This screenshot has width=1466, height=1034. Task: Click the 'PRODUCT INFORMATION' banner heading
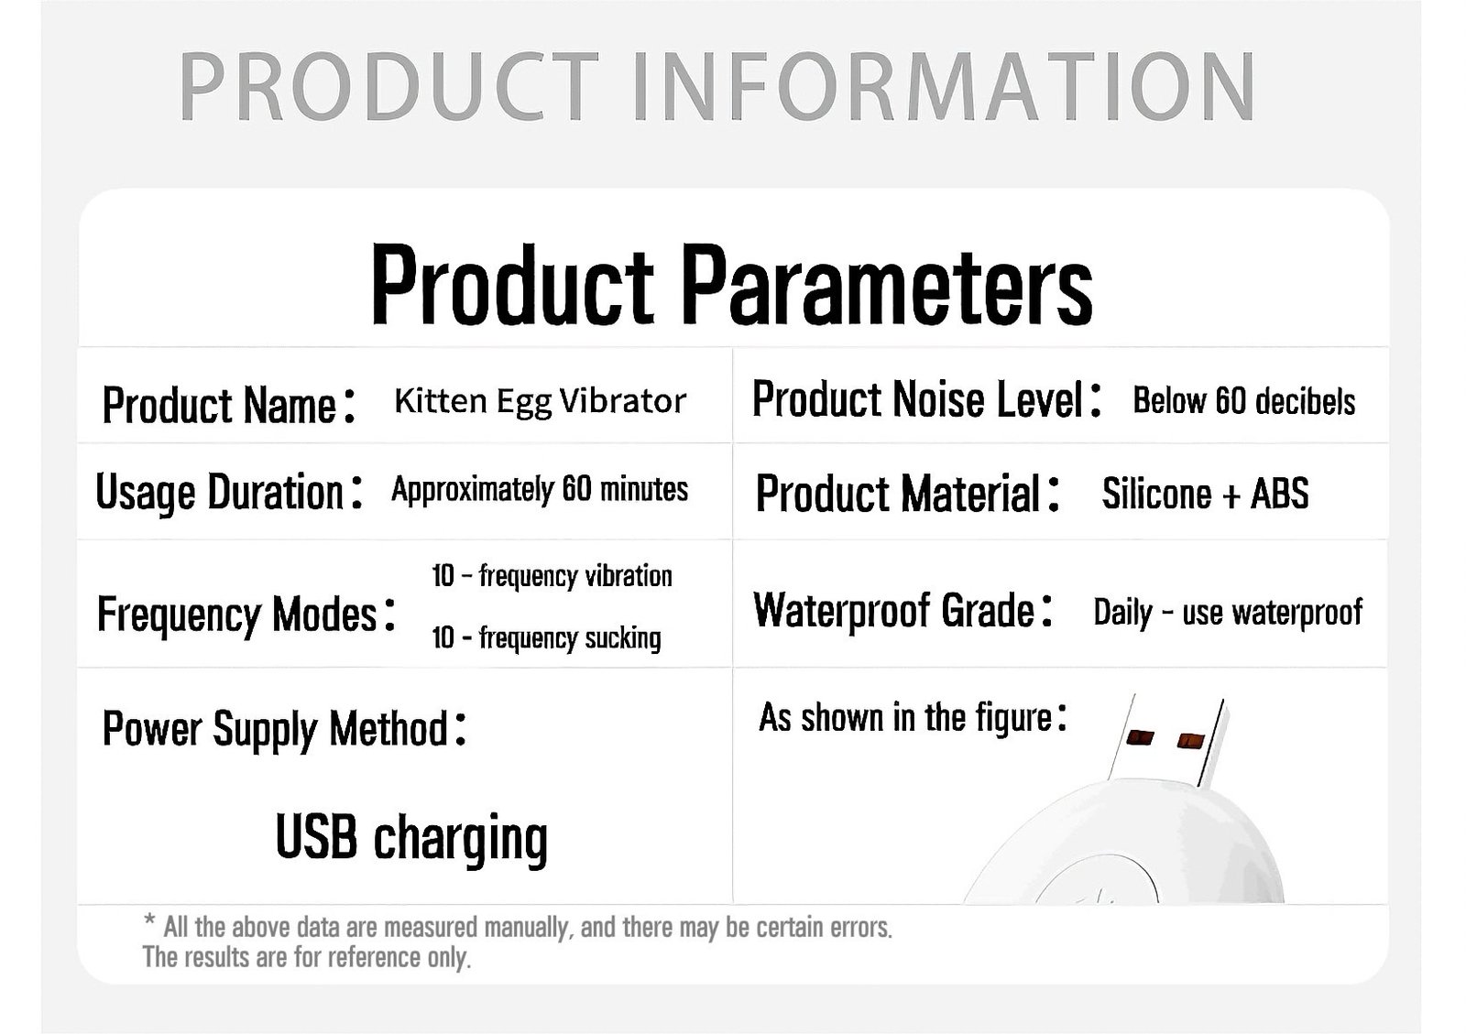tap(717, 87)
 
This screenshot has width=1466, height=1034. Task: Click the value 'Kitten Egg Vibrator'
tap(540, 401)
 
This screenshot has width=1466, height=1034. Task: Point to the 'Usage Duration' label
tap(228, 492)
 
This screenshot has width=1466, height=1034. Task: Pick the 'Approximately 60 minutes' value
tap(540, 489)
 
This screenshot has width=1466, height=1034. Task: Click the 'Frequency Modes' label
tap(246, 615)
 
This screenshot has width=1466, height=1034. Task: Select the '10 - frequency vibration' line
tap(552, 576)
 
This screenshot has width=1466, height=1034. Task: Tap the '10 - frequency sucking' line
tap(546, 637)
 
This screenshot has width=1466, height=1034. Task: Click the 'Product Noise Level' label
tap(926, 399)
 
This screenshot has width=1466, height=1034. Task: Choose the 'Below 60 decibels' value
tap(1243, 401)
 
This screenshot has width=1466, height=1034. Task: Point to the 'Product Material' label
tap(908, 494)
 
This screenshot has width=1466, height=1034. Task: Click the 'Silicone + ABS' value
tap(1205, 493)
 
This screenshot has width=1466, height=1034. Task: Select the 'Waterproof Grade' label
tap(903, 611)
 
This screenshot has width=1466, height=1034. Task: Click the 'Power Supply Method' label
tap(285, 729)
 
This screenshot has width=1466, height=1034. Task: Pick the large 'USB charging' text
tap(411, 839)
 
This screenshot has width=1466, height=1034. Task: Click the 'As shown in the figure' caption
tap(913, 717)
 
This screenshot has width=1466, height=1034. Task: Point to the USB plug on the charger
tap(1167, 740)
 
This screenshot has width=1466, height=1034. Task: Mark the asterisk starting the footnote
tap(150, 920)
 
